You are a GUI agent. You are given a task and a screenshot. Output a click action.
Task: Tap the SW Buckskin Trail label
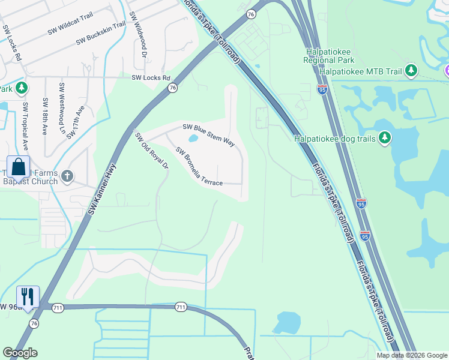pyautogui.click(x=101, y=34)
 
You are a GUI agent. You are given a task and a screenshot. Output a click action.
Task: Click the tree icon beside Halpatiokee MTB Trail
pyautogui.click(x=411, y=71)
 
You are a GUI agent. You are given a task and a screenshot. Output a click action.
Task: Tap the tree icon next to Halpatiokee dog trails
pyautogui.click(x=385, y=139)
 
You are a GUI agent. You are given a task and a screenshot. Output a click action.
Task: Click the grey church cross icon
pyautogui.click(x=68, y=176)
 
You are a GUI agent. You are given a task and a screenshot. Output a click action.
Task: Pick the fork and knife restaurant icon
pyautogui.click(x=28, y=296)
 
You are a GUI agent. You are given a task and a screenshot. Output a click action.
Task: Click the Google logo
pyautogui.click(x=20, y=353)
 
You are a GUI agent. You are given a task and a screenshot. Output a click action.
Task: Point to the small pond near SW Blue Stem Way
pyautogui.click(x=193, y=139)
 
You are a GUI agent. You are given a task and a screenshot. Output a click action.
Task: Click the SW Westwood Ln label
pyautogui.click(x=61, y=109)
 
